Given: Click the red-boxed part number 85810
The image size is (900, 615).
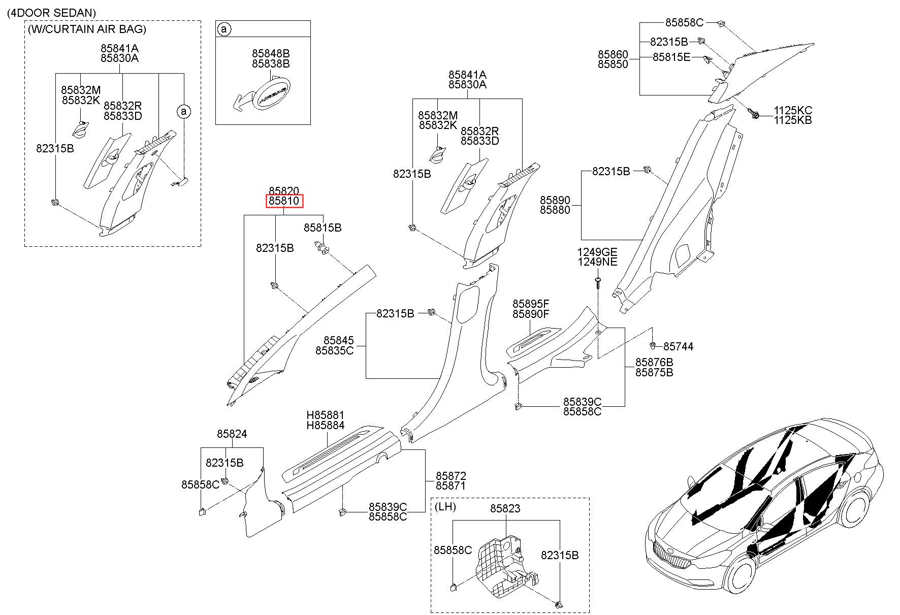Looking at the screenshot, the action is pyautogui.click(x=284, y=201).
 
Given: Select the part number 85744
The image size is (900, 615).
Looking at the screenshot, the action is pyautogui.click(x=678, y=346).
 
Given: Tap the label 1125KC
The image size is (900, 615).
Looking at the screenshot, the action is pyautogui.click(x=793, y=110).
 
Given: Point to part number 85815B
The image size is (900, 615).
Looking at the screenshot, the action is pyautogui.click(x=323, y=228).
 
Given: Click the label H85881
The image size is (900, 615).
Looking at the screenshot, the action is pyautogui.click(x=325, y=415).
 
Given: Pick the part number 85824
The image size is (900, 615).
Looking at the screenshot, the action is pyautogui.click(x=232, y=434).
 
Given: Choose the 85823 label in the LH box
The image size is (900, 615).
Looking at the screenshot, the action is pyautogui.click(x=505, y=508).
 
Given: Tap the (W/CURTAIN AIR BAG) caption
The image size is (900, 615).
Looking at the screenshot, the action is pyautogui.click(x=87, y=29).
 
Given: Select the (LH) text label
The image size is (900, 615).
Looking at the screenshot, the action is pyautogui.click(x=445, y=506).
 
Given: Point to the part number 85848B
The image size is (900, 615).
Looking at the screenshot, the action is pyautogui.click(x=271, y=53).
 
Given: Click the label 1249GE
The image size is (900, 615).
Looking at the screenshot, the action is pyautogui.click(x=597, y=252).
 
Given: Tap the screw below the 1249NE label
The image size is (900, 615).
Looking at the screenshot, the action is pyautogui.click(x=598, y=282).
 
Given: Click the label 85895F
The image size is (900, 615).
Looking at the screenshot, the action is pyautogui.click(x=531, y=304).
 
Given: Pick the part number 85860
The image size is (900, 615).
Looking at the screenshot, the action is pyautogui.click(x=613, y=54).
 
